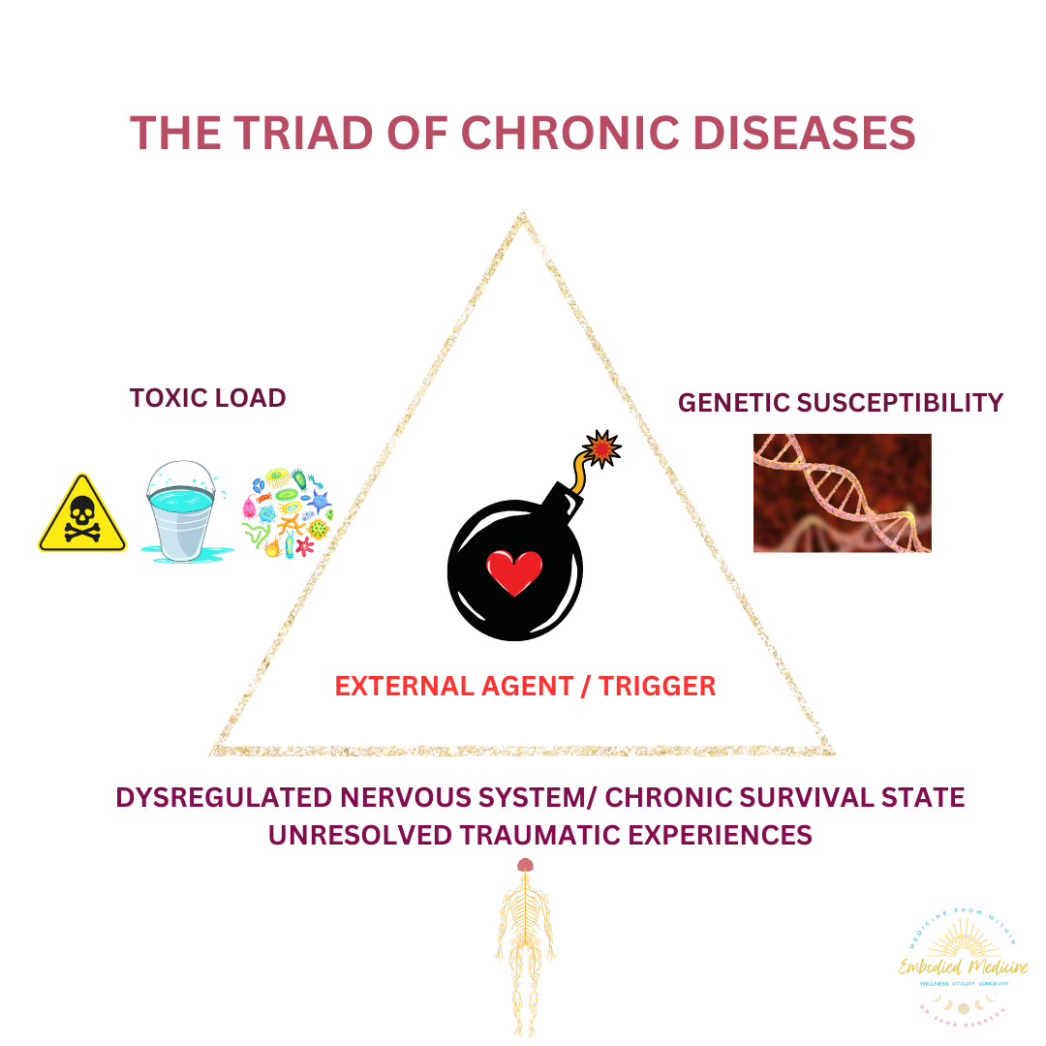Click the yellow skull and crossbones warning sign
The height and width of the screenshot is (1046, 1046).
click(82, 513)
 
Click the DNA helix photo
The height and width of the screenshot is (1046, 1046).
click(842, 493)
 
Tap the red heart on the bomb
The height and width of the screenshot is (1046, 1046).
click(513, 572)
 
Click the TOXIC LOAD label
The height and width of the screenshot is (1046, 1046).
click(207, 398)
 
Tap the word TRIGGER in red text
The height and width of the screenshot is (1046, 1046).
click(657, 687)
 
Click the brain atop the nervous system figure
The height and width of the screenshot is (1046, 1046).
click(525, 865)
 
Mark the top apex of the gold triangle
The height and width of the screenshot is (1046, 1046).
click(523, 215)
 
